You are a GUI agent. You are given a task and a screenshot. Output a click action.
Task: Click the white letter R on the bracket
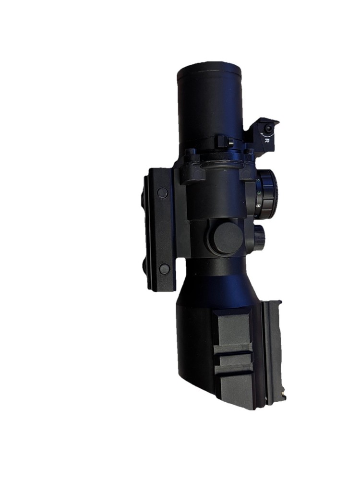click(x=266, y=140)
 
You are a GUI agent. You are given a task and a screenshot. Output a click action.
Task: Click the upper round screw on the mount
click(x=163, y=193)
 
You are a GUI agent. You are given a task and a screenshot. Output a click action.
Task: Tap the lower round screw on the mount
click(x=164, y=269)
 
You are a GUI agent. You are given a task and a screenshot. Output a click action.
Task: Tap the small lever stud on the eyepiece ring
click(x=224, y=142)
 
